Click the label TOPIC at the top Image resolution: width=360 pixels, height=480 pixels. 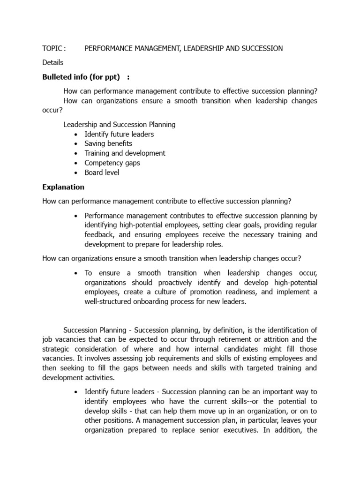52,48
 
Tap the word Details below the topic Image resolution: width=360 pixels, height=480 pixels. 52,62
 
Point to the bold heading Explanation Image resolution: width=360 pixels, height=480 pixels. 63,187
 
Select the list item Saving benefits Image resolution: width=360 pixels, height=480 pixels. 108,143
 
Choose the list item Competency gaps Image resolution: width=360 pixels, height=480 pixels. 112,163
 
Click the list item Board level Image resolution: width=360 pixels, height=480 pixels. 102,172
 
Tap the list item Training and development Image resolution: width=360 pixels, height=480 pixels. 125,153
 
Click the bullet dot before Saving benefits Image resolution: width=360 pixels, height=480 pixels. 76,144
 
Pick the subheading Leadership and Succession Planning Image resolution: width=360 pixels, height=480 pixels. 120,125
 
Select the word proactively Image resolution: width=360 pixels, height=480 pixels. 153,283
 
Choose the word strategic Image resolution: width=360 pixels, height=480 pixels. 56,349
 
